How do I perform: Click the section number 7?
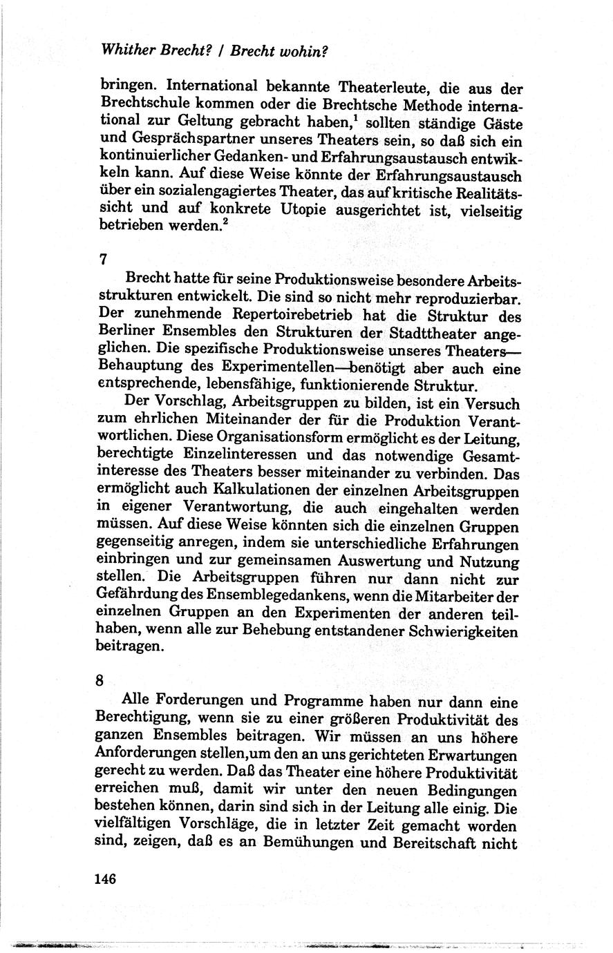tap(104, 260)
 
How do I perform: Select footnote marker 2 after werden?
tap(223, 221)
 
